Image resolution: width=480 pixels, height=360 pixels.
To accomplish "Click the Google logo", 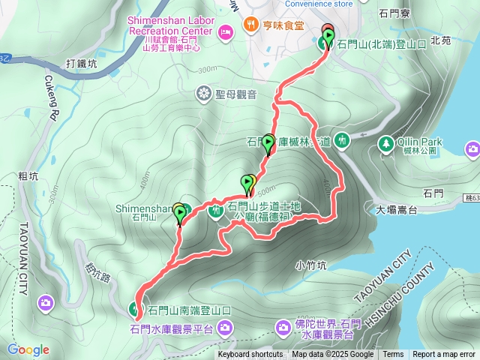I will [28, 349].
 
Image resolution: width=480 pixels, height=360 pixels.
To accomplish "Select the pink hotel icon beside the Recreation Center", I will [225, 33].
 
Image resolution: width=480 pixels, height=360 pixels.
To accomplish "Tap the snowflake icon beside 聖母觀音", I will [202, 94].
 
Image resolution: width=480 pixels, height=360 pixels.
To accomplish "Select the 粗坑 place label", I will [28, 176].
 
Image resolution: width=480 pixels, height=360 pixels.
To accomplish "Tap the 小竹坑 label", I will [310, 265].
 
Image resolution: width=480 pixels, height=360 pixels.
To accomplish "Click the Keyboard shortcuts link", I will [250, 355].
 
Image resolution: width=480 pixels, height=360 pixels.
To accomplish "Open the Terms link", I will [393, 355].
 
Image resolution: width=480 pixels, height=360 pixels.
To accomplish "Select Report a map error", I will [443, 355].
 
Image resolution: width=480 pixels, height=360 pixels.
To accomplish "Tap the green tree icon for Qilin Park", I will [386, 142].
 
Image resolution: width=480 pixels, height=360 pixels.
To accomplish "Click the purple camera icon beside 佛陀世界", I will [283, 327].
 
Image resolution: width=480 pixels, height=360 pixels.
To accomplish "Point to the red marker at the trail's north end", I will [327, 31].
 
